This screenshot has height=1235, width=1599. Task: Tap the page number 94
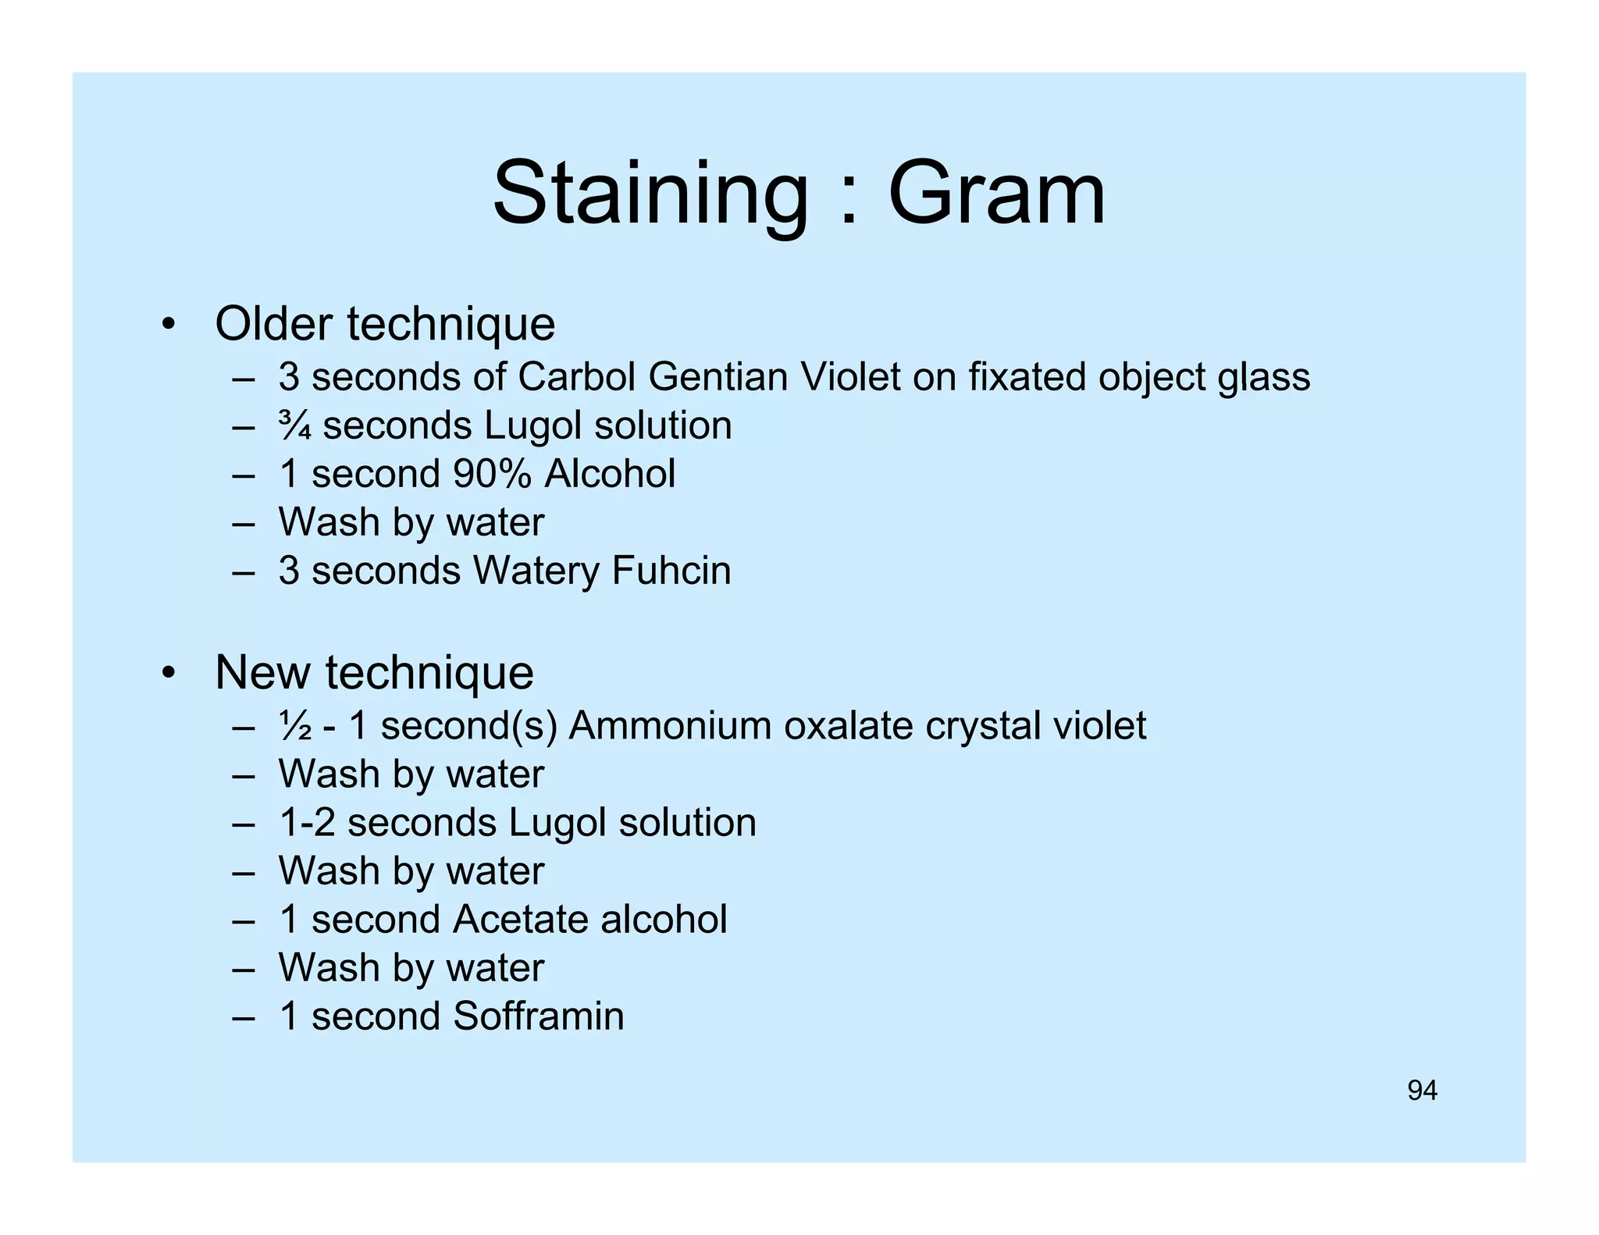tap(1422, 1091)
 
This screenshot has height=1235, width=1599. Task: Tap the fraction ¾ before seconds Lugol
tap(295, 426)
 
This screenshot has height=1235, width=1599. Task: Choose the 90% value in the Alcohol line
tap(492, 474)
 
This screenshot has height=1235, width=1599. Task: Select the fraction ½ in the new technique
tap(295, 726)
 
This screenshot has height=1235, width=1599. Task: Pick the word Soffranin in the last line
tap(538, 1016)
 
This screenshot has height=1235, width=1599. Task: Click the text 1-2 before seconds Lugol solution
tap(307, 823)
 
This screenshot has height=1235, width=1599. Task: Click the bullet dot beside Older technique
tap(167, 324)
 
